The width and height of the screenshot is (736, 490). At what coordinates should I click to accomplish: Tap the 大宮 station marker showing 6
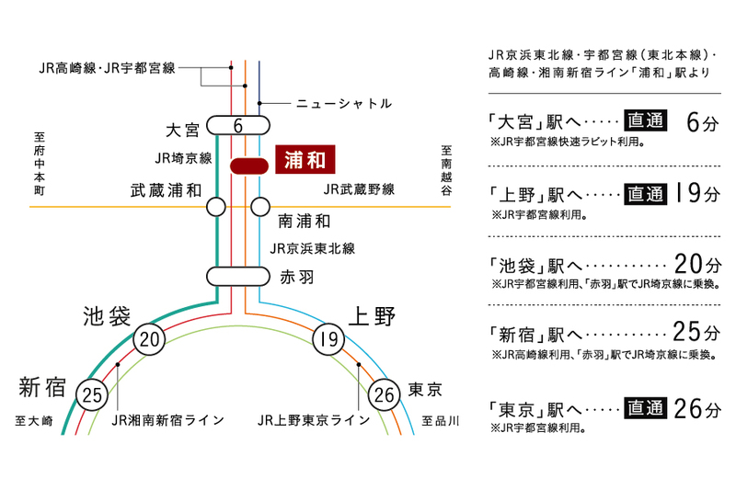coord(237,125)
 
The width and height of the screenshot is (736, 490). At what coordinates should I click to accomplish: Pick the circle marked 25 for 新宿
coord(92,395)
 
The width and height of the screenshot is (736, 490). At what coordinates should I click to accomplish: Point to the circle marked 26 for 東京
coord(385,395)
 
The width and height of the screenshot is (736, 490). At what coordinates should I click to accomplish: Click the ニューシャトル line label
coord(344,103)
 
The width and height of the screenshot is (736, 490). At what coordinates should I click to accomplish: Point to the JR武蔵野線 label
coord(360,189)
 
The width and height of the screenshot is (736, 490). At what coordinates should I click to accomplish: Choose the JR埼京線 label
coord(184,158)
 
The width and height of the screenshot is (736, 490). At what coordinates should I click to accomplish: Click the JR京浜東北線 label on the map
coord(312,248)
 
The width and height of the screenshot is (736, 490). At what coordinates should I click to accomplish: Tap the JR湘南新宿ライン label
coord(167,420)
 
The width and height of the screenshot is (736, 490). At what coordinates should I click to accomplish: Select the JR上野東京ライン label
coord(314,420)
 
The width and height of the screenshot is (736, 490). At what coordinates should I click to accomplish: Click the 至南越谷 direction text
coord(446,170)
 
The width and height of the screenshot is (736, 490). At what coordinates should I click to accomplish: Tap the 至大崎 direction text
coord(34,420)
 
